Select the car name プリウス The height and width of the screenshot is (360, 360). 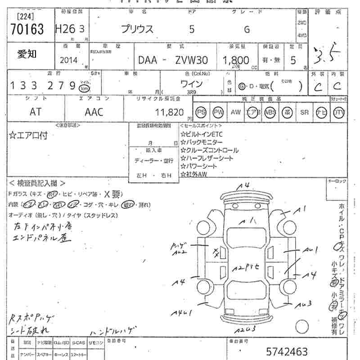(x=137, y=30)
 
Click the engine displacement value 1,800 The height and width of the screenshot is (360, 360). (x=236, y=60)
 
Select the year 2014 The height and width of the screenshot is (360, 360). (x=68, y=60)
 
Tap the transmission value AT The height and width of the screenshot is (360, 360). (x=35, y=112)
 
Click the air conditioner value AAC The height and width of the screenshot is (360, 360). (x=94, y=112)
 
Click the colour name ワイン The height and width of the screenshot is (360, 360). (x=191, y=84)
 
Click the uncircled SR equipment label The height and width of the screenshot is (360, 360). (x=305, y=112)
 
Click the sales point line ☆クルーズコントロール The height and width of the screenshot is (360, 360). (x=209, y=150)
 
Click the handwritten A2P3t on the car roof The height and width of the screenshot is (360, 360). (x=246, y=269)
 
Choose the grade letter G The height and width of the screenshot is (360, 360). (x=247, y=30)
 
